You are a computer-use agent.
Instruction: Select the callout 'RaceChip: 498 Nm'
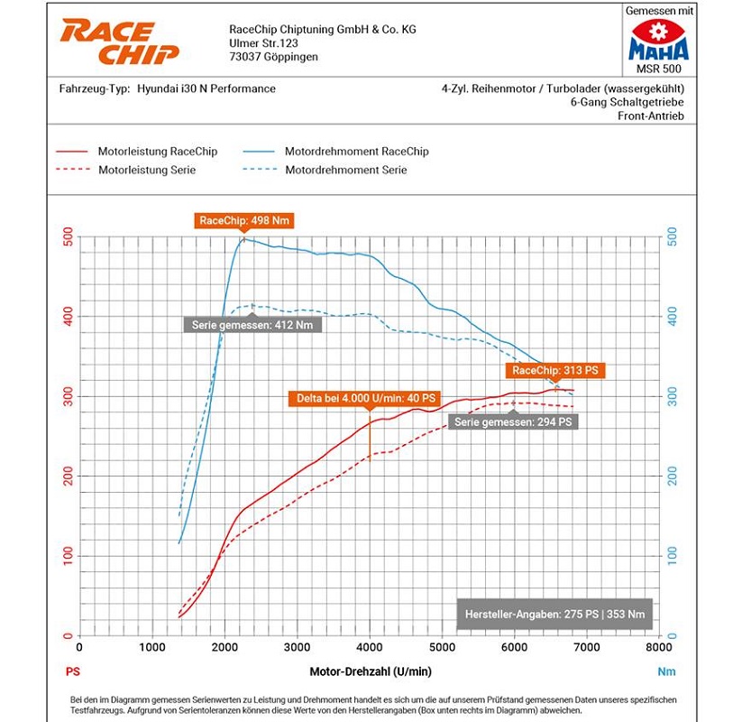tap(244, 220)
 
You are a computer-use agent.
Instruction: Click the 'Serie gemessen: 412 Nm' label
tap(253, 325)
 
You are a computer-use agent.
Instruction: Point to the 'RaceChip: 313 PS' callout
tap(554, 370)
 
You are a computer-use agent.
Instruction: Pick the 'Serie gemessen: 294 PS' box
tap(512, 421)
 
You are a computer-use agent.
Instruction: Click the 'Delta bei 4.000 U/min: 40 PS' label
tap(365, 398)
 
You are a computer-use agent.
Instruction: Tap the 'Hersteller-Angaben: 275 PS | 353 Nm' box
tap(554, 615)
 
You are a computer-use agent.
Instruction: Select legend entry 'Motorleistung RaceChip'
tap(157, 152)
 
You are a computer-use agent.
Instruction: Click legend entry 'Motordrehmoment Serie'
tap(345, 170)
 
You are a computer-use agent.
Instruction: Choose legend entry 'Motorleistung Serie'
tap(146, 170)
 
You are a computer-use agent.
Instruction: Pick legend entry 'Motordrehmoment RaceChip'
tap(356, 152)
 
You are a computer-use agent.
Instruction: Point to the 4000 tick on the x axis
tap(370, 647)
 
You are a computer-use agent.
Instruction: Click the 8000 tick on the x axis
tap(659, 647)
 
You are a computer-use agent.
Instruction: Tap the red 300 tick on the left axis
tap(69, 396)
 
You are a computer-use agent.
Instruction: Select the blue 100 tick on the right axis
tap(672, 556)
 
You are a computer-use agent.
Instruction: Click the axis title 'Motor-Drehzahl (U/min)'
tap(370, 671)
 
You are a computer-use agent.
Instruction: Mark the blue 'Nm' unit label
tap(666, 671)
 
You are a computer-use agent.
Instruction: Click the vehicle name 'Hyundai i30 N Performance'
tap(206, 89)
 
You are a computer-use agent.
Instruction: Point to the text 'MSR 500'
tap(658, 69)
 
